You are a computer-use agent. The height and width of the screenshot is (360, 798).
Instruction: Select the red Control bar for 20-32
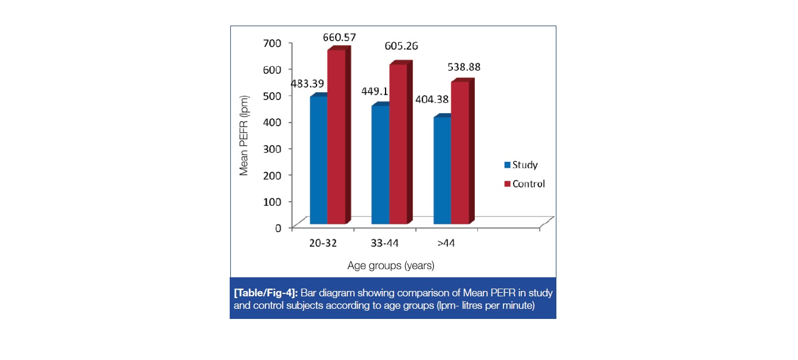(336, 137)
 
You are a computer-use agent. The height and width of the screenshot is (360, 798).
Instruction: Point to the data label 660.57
(339, 37)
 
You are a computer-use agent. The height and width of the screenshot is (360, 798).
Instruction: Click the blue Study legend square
(507, 165)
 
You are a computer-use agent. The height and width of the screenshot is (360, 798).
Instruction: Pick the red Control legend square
(507, 184)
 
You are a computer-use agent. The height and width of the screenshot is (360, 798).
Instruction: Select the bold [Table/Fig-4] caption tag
(266, 293)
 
